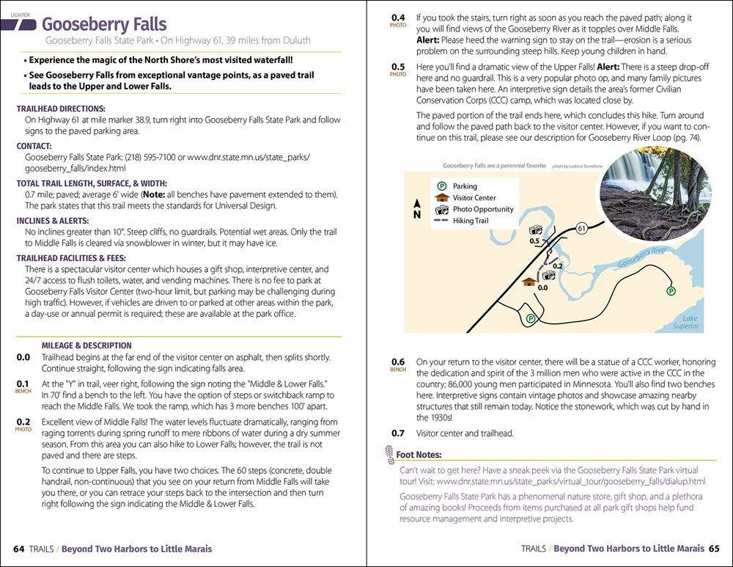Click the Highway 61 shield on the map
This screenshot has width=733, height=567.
[581, 229]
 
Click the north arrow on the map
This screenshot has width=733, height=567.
[417, 208]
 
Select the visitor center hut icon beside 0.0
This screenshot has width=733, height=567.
[528, 282]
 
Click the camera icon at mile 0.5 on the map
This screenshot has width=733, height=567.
[535, 230]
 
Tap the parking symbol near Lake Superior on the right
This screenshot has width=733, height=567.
[671, 291]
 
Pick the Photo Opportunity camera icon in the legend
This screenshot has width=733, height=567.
[441, 209]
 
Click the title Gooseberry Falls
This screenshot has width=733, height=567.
[104, 25]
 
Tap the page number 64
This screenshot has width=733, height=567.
[18, 549]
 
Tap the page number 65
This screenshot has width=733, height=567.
[714, 549]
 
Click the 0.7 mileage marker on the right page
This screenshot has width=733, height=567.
[397, 433]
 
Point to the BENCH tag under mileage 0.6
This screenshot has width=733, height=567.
[398, 370]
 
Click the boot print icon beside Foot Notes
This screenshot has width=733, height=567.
[389, 455]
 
